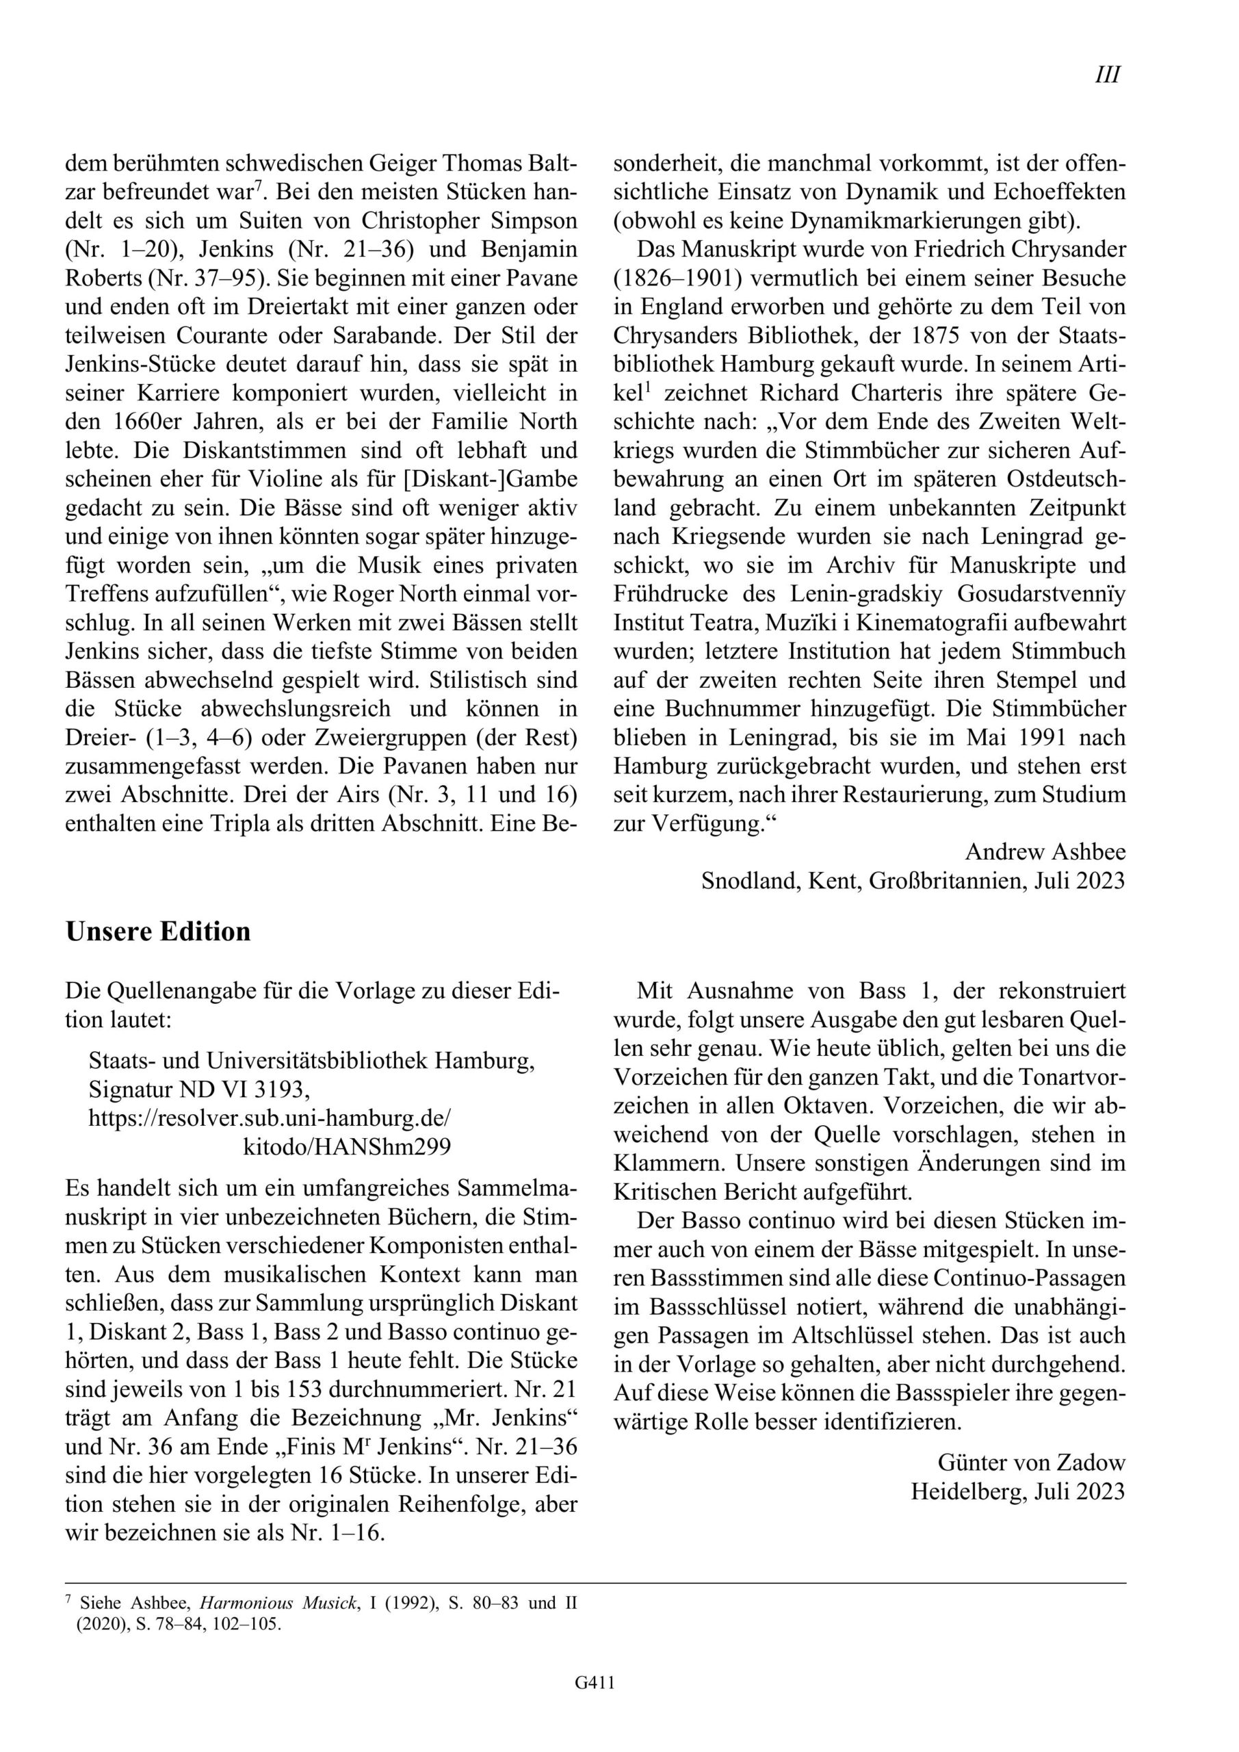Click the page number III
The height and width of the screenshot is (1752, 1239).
(x=1107, y=75)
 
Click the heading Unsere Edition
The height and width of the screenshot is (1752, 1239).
(x=158, y=931)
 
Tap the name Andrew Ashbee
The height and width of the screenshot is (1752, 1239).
(x=1045, y=851)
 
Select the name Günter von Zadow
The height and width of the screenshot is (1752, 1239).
(x=1032, y=1462)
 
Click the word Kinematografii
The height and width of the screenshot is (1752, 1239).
(x=927, y=623)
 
